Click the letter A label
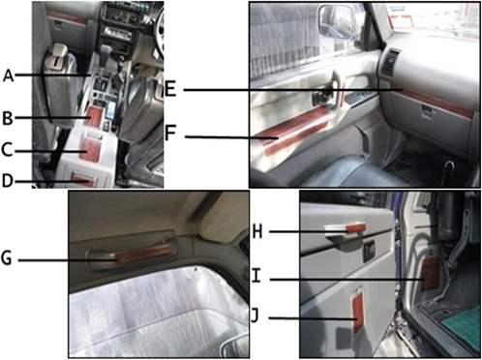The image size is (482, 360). (9, 76)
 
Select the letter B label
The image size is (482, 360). (8, 118)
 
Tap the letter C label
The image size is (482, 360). (7, 150)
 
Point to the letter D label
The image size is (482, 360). (8, 181)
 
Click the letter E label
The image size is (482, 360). (170, 89)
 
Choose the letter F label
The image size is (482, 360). (170, 134)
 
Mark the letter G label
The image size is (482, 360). (7, 258)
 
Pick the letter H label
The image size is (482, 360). (257, 231)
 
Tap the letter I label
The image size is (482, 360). (256, 276)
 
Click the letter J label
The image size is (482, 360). (255, 316)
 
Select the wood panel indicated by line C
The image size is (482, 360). (89, 149)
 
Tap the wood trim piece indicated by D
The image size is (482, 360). (84, 181)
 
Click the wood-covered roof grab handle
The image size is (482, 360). (146, 254)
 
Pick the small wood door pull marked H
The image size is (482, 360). (355, 227)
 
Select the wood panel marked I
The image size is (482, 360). (431, 274)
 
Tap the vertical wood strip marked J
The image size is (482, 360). (358, 313)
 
